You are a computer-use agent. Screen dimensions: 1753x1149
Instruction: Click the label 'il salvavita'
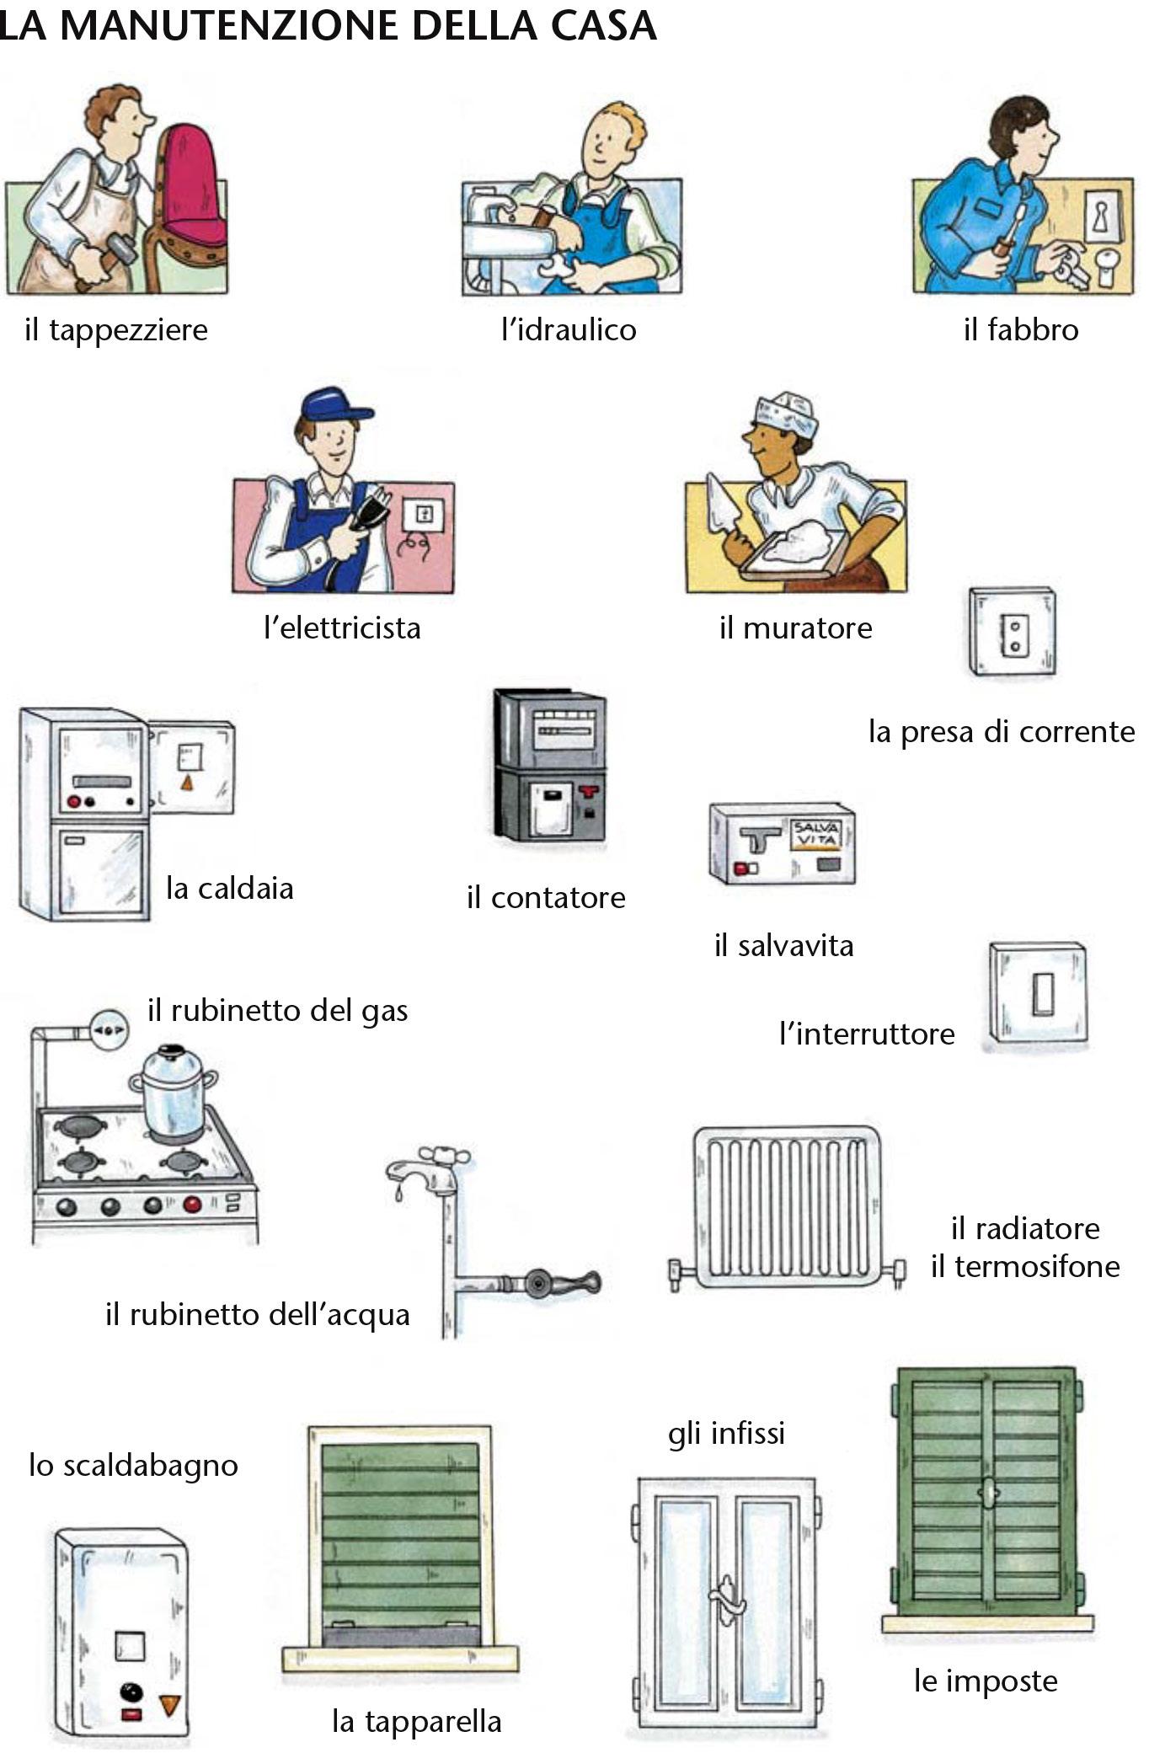pyautogui.click(x=783, y=945)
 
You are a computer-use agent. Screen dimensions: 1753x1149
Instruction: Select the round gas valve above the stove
pyautogui.click(x=110, y=1029)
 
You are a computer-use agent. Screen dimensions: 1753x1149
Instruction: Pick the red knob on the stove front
pyautogui.click(x=193, y=1205)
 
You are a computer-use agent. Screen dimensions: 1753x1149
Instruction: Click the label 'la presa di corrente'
pyautogui.click(x=1001, y=731)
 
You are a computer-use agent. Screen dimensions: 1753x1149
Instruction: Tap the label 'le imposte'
pyautogui.click(x=985, y=1681)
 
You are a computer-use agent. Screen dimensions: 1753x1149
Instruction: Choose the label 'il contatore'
pyautogui.click(x=546, y=897)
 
